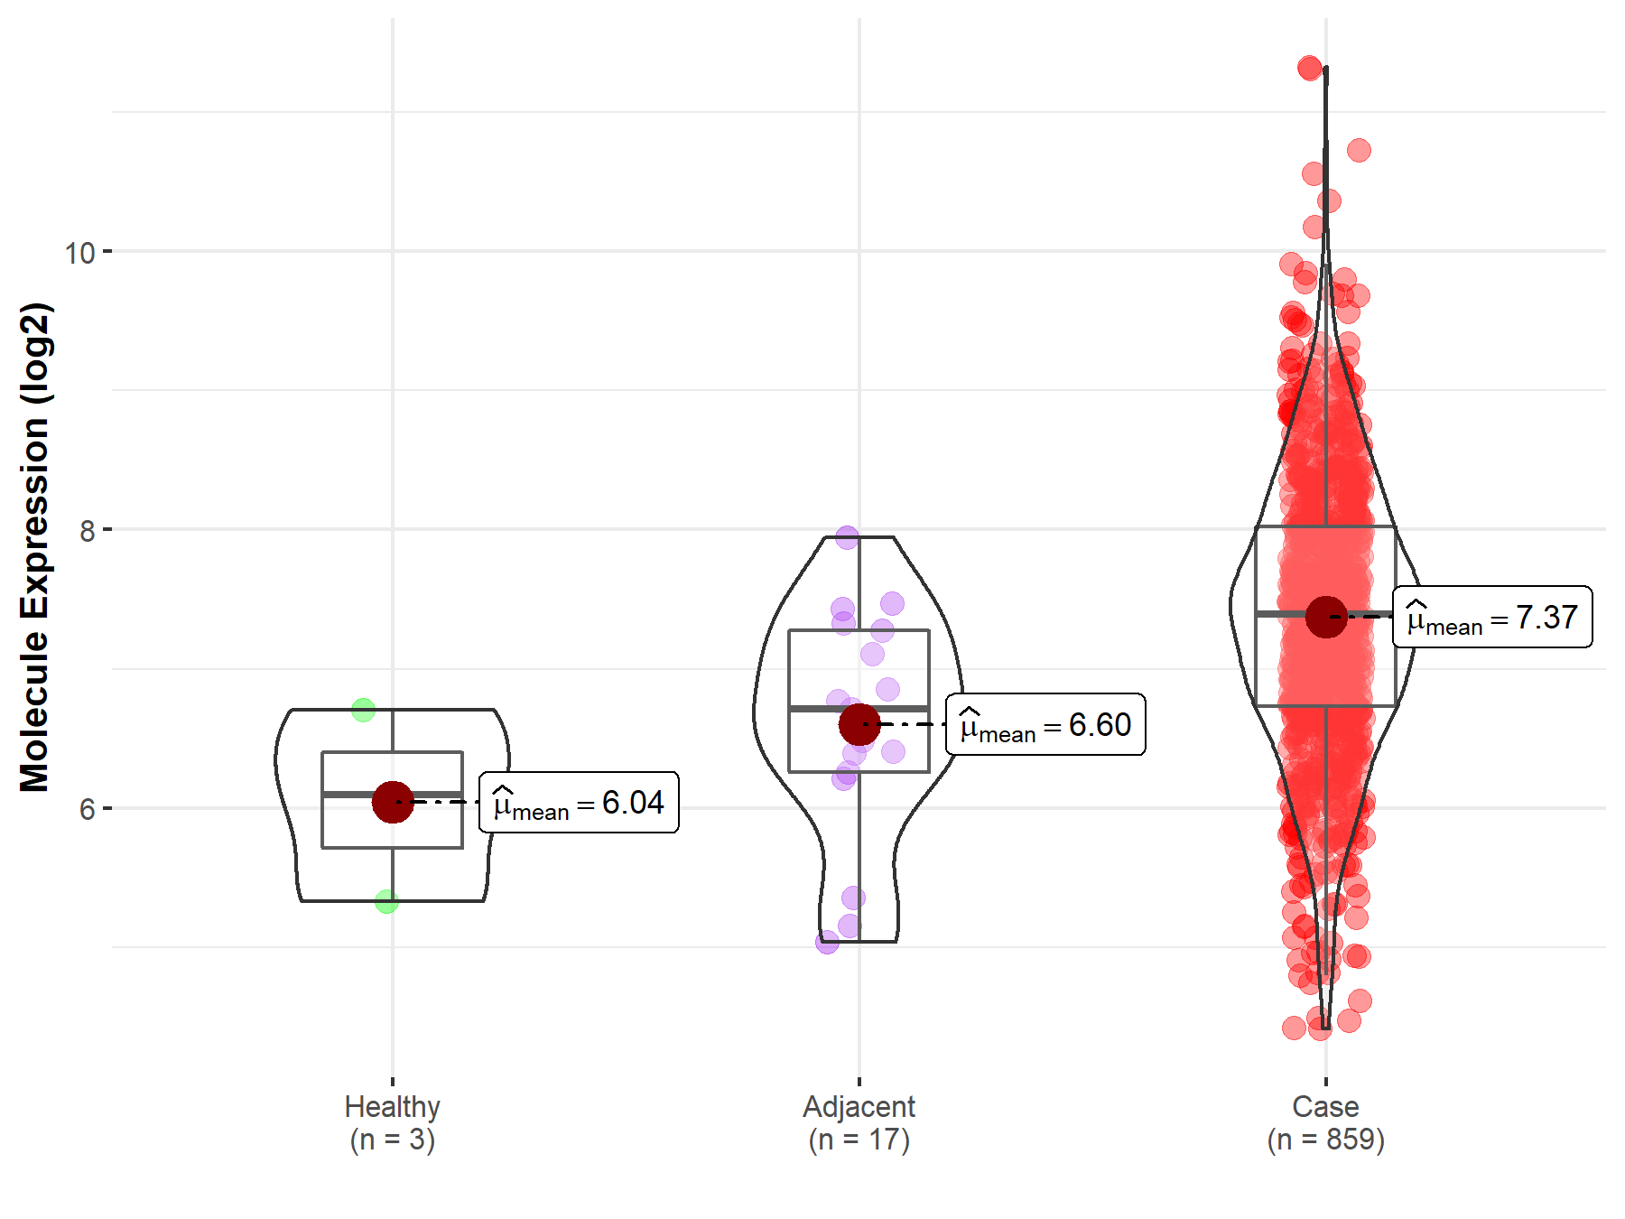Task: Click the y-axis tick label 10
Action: coord(79,253)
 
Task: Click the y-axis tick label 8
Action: coord(87,531)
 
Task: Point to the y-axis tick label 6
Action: coord(87,809)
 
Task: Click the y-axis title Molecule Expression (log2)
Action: coord(35,547)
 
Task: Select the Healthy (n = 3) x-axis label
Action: coord(393,1122)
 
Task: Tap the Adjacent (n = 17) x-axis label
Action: coord(859,1122)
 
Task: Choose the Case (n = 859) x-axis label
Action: coord(1325,1122)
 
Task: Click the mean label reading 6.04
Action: coord(579,802)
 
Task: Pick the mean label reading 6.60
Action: coord(1045,724)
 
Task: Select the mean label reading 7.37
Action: coord(1492,617)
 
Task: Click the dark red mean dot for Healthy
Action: coord(393,802)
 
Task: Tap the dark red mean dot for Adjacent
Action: coord(859,724)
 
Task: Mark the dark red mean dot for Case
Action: coord(1326,617)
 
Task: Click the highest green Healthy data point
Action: coord(363,710)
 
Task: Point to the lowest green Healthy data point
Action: coord(386,901)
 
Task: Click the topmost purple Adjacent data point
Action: coord(847,537)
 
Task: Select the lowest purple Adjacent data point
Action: coord(827,943)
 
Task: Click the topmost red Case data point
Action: coord(1310,68)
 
